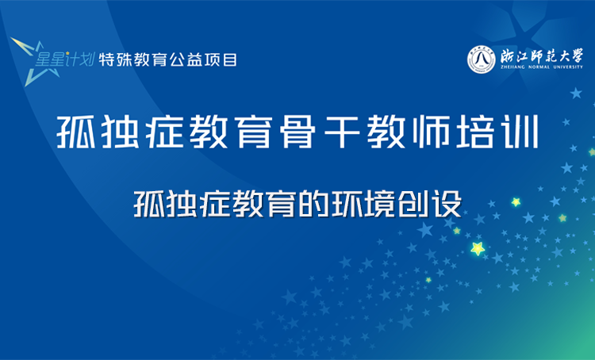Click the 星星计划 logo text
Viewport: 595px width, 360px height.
66,59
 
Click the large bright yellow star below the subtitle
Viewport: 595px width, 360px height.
478,249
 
